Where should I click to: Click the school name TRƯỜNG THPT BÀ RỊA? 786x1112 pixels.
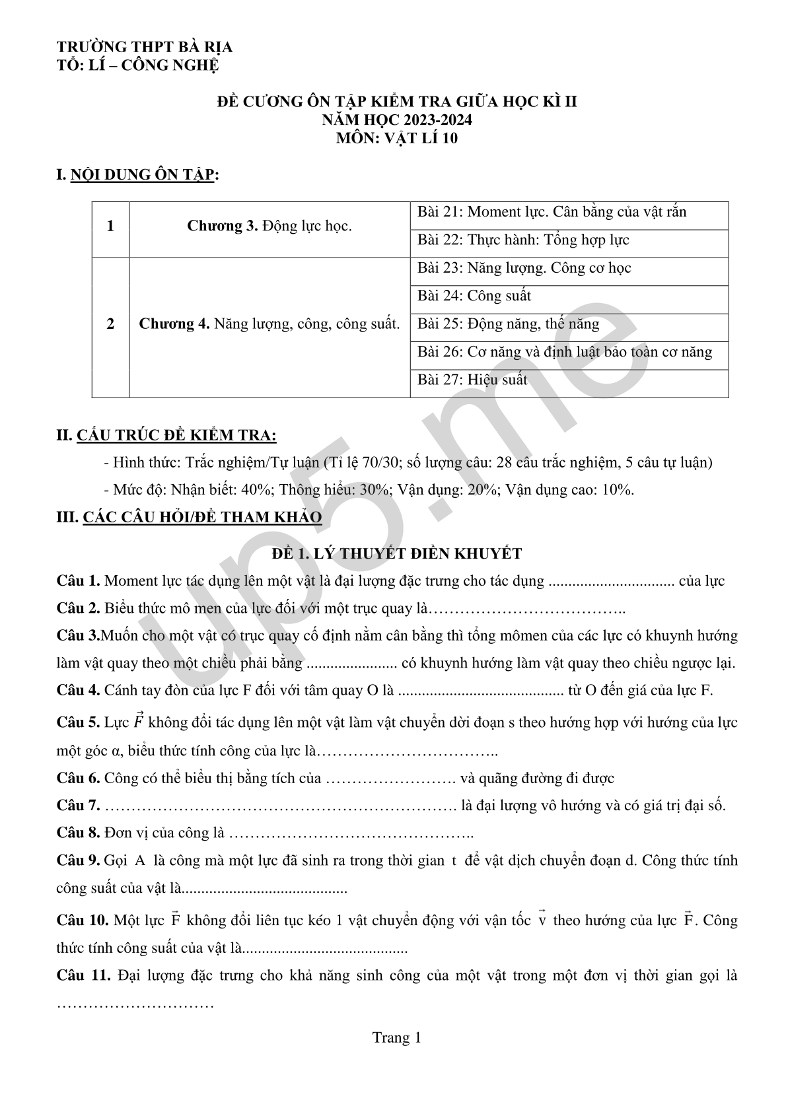[145, 48]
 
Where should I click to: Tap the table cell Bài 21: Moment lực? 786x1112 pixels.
[552, 212]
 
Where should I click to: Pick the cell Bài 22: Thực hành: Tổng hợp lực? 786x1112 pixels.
[523, 240]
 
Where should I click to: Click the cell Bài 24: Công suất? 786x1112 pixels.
[474, 296]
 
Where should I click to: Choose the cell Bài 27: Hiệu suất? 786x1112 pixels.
[472, 380]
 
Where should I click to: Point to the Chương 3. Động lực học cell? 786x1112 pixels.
[269, 226]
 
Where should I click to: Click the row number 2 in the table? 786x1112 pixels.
[110, 324]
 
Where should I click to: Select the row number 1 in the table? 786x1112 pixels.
[110, 226]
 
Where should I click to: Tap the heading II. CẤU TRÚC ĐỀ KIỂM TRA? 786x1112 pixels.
[166, 436]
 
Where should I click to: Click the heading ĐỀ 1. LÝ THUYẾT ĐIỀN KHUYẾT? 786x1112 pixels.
[397, 553]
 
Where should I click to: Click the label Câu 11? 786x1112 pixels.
[83, 975]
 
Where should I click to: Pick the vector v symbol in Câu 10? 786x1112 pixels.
[542, 919]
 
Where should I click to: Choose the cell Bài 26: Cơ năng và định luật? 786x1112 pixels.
[565, 352]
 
